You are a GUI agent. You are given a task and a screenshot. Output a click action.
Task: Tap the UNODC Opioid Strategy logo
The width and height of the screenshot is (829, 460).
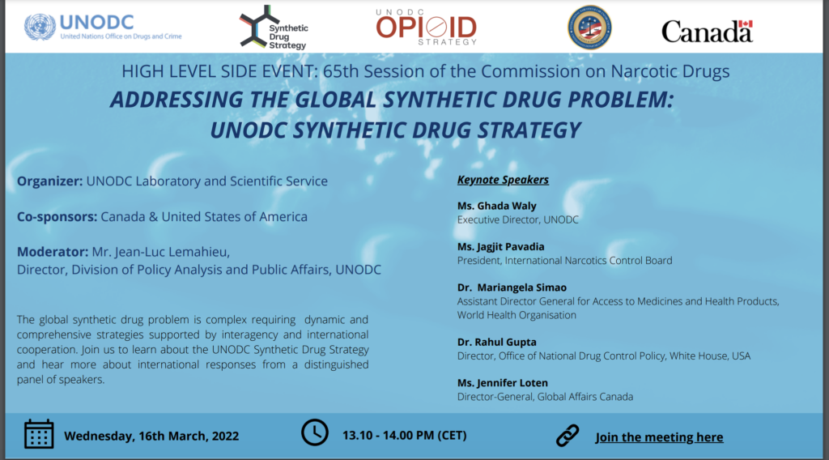click(425, 28)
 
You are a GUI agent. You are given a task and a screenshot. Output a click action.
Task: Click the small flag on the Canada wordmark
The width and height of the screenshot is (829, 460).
click(746, 24)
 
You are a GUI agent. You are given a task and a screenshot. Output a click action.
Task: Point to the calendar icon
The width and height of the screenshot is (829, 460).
click(39, 435)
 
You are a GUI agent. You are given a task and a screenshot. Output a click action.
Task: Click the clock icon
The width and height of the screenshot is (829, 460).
click(315, 432)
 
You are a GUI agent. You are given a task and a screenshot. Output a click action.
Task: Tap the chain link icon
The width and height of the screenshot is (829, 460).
click(568, 436)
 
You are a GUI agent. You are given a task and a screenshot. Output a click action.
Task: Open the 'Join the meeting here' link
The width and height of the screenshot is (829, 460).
click(659, 437)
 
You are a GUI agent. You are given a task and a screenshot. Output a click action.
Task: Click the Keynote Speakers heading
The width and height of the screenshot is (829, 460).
click(503, 180)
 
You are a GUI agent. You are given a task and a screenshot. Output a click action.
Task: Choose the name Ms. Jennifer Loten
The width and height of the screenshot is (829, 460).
click(503, 383)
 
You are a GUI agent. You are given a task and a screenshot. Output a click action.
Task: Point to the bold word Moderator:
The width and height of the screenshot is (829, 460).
click(53, 252)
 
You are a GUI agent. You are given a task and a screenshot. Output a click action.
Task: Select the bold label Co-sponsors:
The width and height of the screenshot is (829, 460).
click(57, 216)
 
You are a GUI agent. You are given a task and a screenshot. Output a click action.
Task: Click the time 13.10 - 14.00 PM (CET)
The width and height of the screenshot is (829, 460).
click(404, 436)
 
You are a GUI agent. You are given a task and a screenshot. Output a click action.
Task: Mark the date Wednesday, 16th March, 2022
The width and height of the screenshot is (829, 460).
click(151, 436)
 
